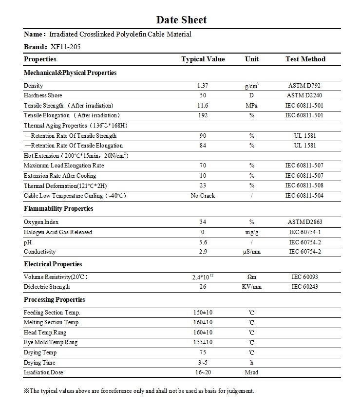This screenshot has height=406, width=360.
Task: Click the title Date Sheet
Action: coord(181,20)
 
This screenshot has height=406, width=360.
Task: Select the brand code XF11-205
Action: coord(65,47)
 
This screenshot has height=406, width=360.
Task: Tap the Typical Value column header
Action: coord(203,59)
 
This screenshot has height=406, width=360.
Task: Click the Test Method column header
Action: coord(305,59)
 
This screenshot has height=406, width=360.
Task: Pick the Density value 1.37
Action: coord(203,86)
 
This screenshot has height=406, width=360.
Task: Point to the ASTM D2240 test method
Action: coord(305,95)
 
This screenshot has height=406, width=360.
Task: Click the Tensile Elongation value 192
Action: coord(203,115)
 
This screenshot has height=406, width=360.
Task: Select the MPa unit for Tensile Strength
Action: coord(252,106)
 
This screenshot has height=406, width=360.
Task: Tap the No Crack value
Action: coord(203,196)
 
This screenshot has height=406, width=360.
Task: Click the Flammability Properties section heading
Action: coord(58,209)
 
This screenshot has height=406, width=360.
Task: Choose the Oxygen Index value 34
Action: coord(203,222)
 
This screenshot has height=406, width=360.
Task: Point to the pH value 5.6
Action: coord(203,242)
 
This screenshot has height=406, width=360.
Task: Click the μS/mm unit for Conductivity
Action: coord(252,252)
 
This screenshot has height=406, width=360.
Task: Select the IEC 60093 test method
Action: coord(305,277)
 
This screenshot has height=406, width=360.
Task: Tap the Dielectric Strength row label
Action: coord(47,287)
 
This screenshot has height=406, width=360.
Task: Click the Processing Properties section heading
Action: coord(54,300)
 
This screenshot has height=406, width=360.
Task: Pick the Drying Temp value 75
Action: coord(203,352)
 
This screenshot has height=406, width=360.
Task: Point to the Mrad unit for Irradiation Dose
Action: coord(252,372)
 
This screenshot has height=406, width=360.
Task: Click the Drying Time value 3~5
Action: coord(203,363)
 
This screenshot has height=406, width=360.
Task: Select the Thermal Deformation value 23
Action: coord(203,185)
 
